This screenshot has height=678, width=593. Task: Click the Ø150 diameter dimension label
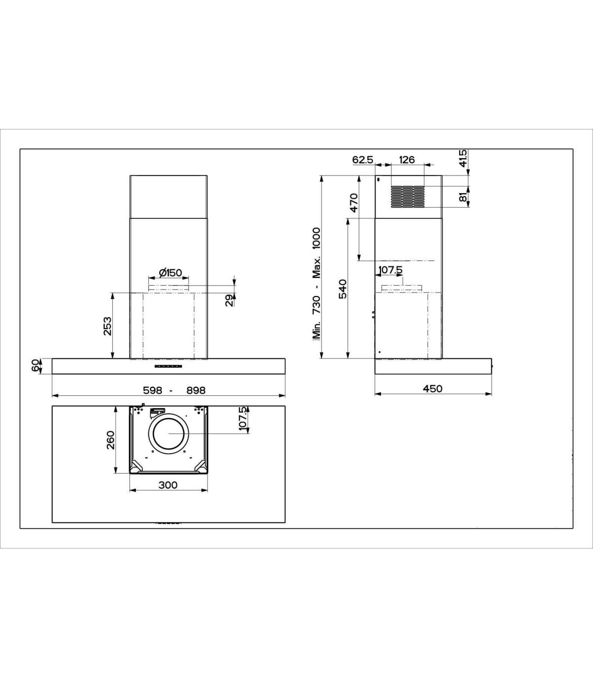pos(170,272)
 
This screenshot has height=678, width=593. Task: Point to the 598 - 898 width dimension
pos(174,390)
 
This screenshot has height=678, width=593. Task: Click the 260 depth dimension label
pos(110,440)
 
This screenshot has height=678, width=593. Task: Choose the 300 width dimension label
pos(168,485)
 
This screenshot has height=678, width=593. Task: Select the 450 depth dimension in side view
pos(432,388)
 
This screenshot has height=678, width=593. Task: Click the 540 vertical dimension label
pos(342,289)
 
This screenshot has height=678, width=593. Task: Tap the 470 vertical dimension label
pos(354,203)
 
